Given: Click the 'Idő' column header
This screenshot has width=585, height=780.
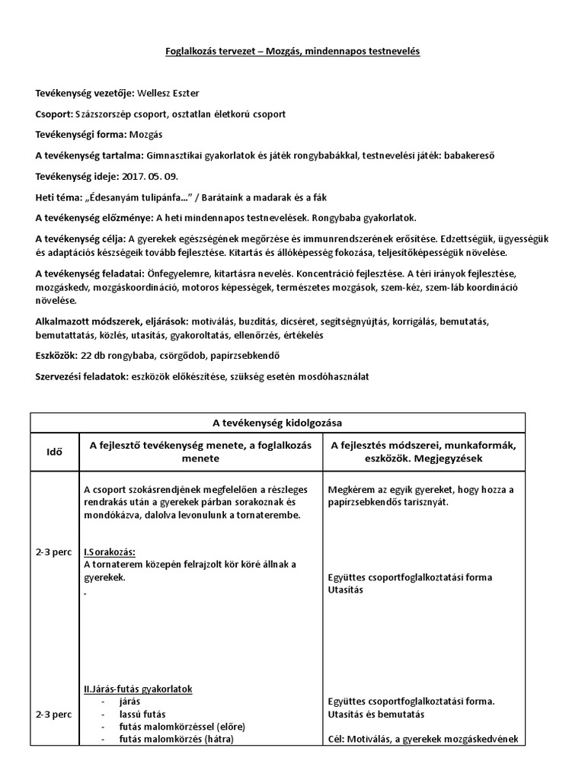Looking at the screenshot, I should coord(53,451).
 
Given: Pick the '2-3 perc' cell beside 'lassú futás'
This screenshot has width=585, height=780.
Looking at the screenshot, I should coord(53,715).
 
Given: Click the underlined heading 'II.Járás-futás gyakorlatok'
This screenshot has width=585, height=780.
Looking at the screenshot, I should coord(137,689).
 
